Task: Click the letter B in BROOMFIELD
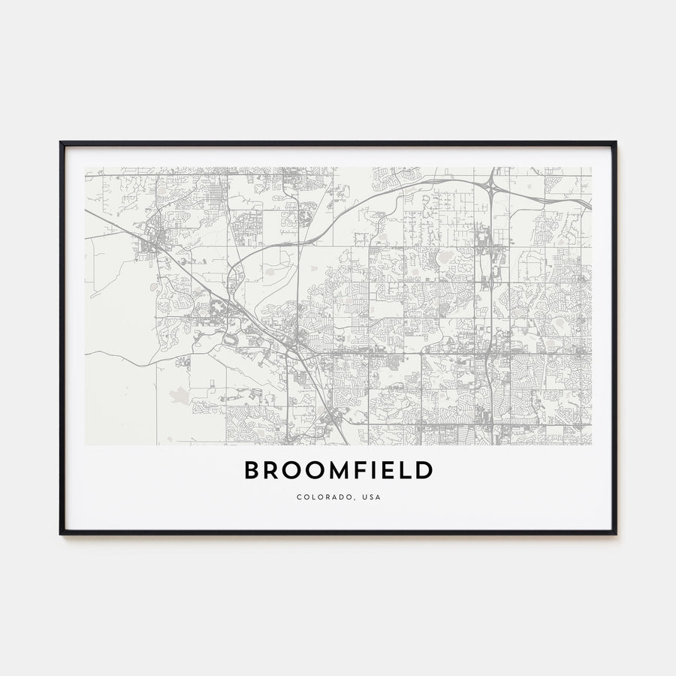pyautogui.click(x=251, y=471)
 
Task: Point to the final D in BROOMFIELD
pyautogui.click(x=425, y=471)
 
